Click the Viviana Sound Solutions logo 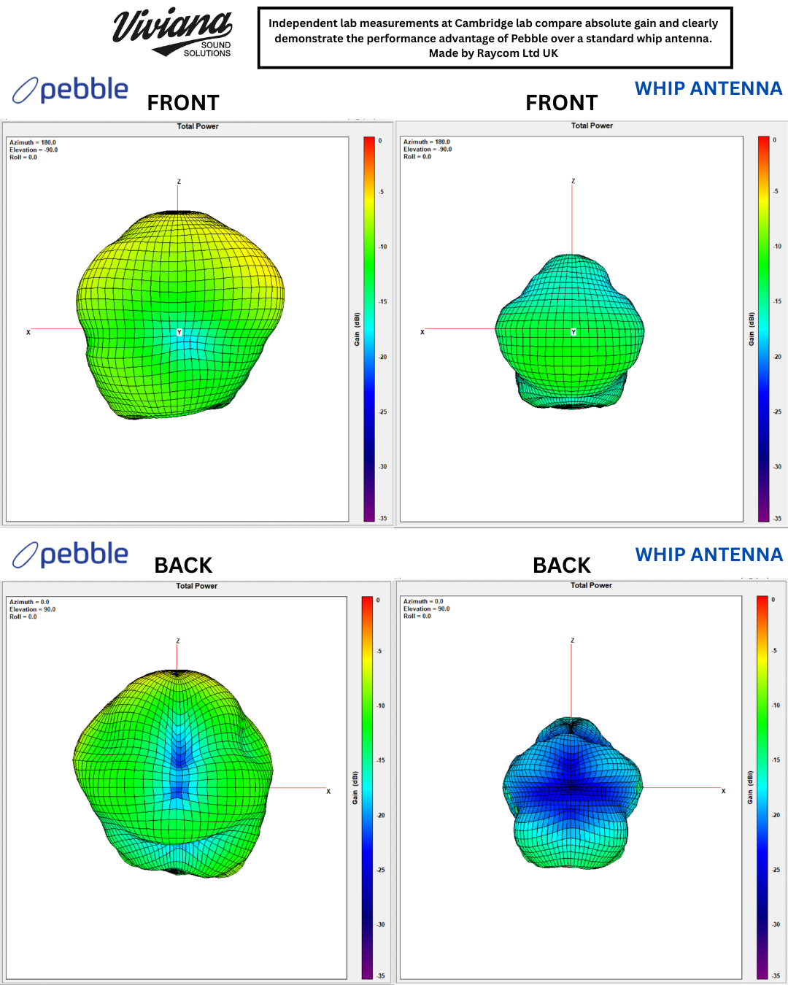coord(174,33)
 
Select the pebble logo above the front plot coord(71,90)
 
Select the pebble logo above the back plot coord(71,555)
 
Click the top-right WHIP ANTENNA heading coord(708,88)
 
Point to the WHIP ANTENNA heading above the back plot coord(708,555)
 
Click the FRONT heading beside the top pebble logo coord(183,103)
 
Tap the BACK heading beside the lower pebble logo coord(183,565)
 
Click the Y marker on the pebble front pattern coord(179,333)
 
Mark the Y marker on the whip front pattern coord(573,332)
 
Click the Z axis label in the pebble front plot coord(179,182)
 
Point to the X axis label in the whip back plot coord(723,791)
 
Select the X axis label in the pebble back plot coord(328,791)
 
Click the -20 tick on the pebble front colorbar coord(383,357)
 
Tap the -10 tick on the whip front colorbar coord(777,247)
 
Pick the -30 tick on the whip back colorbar coord(776,924)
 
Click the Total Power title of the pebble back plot coord(196,586)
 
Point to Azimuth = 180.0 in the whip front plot coord(427,142)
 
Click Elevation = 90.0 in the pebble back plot coord(32,609)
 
